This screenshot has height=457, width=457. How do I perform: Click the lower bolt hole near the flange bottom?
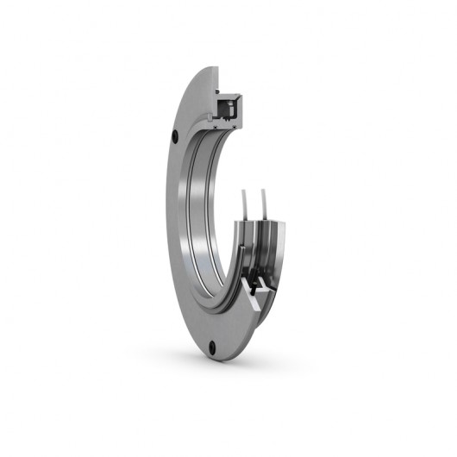214,349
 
